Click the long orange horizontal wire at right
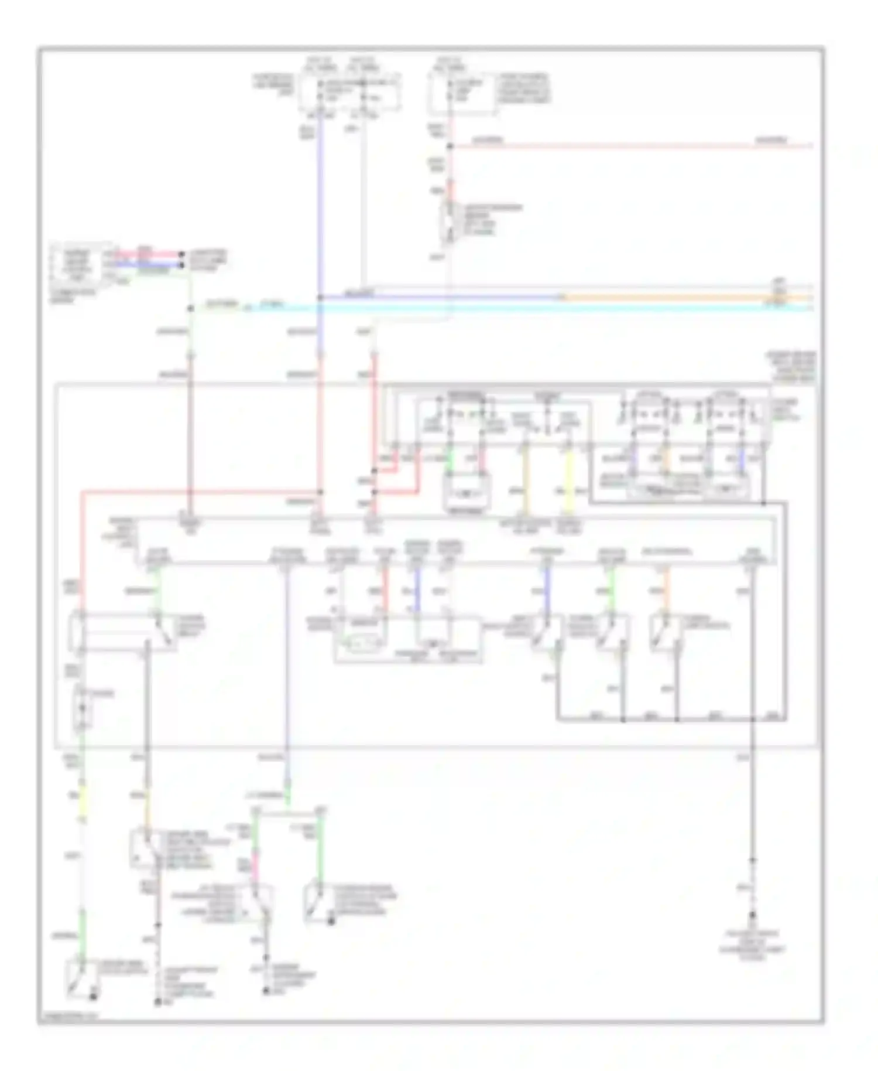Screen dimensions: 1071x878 click(x=673, y=298)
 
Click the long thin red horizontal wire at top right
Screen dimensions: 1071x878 click(x=632, y=145)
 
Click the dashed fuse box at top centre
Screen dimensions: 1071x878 click(x=350, y=92)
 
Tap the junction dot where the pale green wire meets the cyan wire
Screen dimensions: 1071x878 click(x=190, y=308)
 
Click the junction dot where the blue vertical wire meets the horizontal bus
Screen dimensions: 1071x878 click(x=320, y=298)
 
